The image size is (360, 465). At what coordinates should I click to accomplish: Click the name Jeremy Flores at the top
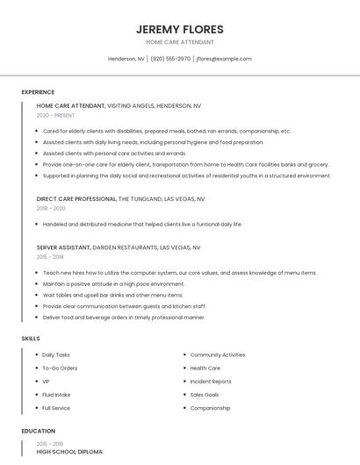tap(180, 29)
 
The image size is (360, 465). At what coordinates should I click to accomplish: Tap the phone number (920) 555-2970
tap(170, 59)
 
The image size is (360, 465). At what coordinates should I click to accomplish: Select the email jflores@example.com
tap(224, 59)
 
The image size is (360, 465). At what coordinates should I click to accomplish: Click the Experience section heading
tap(38, 92)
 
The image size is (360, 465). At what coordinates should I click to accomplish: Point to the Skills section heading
tap(31, 338)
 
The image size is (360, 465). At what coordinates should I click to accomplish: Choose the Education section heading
tap(38, 431)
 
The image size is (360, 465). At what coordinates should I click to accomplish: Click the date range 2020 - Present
tap(55, 115)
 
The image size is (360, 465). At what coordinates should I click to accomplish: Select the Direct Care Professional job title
tap(76, 199)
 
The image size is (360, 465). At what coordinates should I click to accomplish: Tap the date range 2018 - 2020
tap(51, 209)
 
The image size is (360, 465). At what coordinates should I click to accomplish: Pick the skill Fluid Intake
tap(57, 395)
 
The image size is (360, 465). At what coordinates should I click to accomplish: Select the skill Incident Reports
tap(211, 382)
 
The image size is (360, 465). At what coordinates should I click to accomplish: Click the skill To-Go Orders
tap(60, 368)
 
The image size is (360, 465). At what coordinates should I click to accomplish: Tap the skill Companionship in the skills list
tap(210, 408)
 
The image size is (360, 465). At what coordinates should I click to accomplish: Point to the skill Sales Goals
tap(205, 395)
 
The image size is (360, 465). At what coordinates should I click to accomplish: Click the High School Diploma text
tap(69, 452)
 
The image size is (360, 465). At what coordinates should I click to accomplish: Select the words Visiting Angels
tap(133, 105)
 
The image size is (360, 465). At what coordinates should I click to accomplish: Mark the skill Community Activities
tap(218, 354)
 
